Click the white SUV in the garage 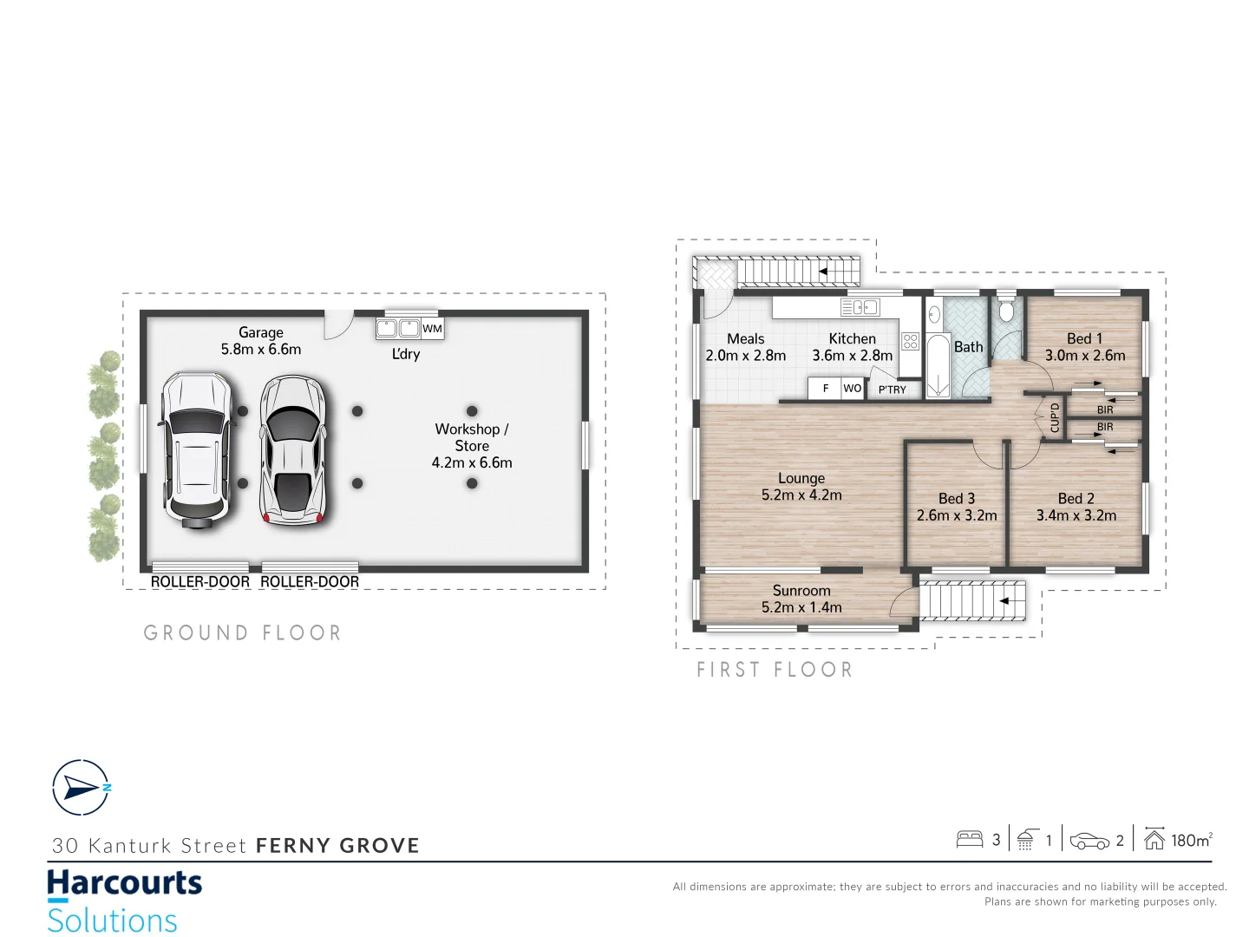(x=196, y=449)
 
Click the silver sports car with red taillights (x=294, y=451)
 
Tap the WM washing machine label (x=432, y=329)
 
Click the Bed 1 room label (x=1084, y=339)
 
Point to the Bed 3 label (x=957, y=499)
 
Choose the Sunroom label (x=801, y=591)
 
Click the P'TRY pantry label (x=892, y=390)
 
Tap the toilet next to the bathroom (x=1006, y=311)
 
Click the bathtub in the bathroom (x=938, y=365)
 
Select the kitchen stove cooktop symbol (x=910, y=341)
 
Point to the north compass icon (x=81, y=788)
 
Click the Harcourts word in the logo (x=124, y=883)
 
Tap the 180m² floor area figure (x=1191, y=840)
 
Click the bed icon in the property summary (x=969, y=839)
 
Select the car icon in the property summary (x=1089, y=841)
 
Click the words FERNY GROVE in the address (x=337, y=846)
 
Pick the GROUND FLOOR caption (x=243, y=633)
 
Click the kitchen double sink (x=860, y=307)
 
